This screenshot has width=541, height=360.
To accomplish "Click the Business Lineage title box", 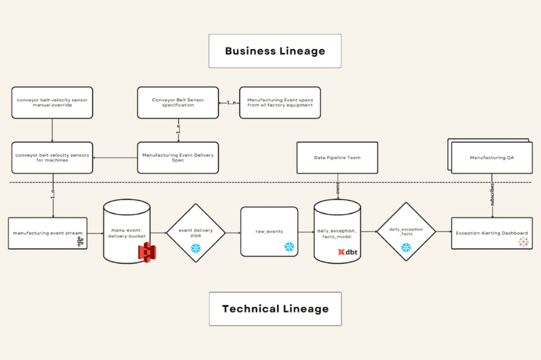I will tap(275, 51).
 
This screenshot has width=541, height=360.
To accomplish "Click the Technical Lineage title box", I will tap(275, 309).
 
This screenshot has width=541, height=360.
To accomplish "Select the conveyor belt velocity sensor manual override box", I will tap(52, 102).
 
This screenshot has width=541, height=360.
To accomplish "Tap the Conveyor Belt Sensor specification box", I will tap(178, 102).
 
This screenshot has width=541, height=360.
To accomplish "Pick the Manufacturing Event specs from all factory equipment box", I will tap(279, 102).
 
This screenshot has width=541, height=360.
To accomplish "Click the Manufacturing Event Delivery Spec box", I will tap(178, 157).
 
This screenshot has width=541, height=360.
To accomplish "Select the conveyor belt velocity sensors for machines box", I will tap(52, 157).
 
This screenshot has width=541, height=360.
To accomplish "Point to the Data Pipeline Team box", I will tap(337, 157).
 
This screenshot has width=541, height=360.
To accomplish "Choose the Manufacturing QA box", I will tap(491, 157).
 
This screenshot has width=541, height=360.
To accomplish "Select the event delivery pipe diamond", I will tap(196, 232).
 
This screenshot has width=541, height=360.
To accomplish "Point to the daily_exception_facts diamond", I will tap(406, 232).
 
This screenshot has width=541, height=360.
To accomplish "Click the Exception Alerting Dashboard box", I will tap(491, 233).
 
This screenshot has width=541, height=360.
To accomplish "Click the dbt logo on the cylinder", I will tap(348, 253).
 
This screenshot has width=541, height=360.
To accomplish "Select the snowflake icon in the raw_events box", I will tap(289, 247).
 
